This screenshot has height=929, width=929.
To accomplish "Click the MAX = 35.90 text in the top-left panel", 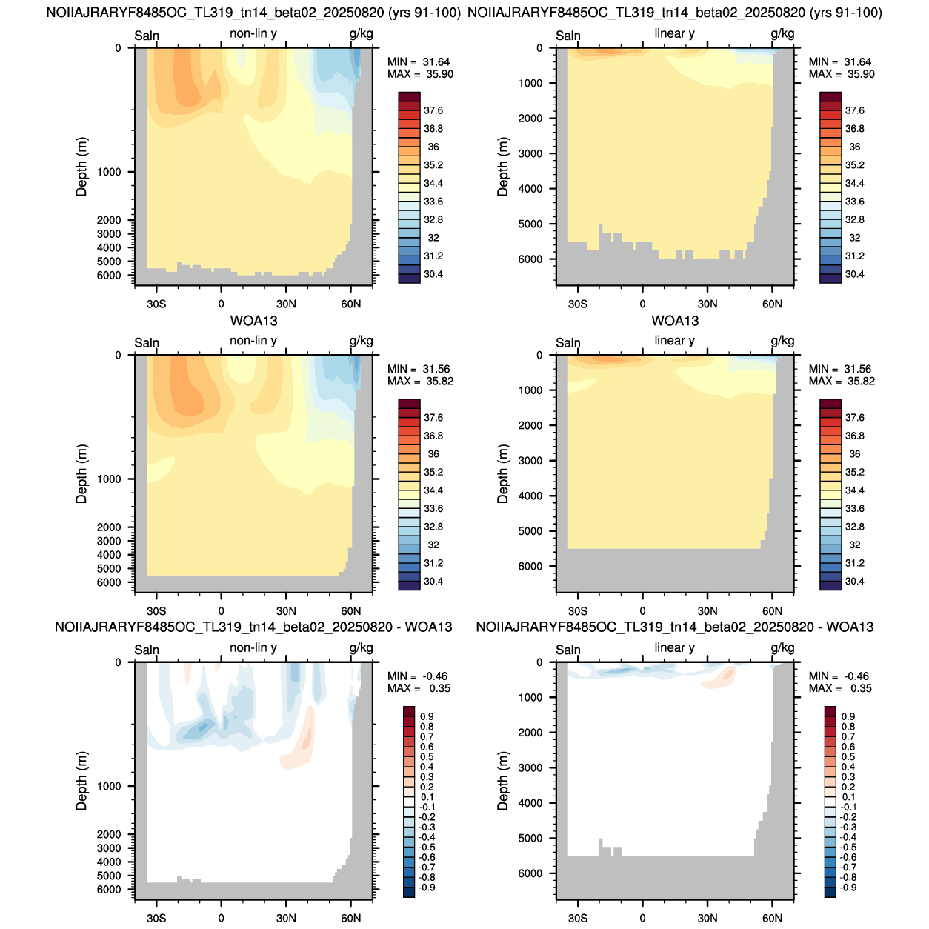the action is click(420, 74).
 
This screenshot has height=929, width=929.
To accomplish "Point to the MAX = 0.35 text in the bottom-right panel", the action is click(840, 688).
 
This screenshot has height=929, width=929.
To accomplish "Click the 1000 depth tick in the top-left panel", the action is click(109, 172).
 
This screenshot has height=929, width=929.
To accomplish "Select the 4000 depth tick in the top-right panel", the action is click(530, 189).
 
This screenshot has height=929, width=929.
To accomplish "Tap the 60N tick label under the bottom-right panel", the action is click(772, 918).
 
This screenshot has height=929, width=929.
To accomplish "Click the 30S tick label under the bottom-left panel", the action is click(156, 918).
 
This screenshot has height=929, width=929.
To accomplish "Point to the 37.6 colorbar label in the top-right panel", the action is click(854, 110).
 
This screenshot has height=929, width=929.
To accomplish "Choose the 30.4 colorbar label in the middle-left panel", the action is click(433, 581).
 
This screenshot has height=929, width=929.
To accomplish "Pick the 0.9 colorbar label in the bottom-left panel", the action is click(427, 716).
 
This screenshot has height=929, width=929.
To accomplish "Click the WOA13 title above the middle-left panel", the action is click(253, 321).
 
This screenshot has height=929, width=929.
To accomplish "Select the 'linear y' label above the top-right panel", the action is click(674, 33).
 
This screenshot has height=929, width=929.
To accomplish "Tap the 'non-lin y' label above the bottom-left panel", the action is click(253, 647).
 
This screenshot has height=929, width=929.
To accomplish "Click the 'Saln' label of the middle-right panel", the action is click(568, 343).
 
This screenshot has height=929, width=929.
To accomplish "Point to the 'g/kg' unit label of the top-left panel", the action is click(361, 34).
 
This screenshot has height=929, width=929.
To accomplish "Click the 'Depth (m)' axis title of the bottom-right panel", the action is click(503, 781).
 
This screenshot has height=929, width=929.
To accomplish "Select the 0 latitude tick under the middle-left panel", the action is click(221, 611).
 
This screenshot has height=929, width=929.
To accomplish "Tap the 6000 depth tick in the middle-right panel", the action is click(530, 567).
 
